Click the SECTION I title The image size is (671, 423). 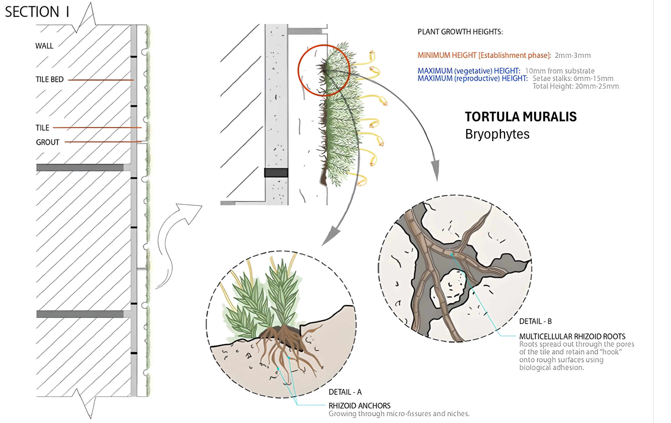pos(37,12)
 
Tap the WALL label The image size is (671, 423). pos(44,46)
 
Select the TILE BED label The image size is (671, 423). pos(50,79)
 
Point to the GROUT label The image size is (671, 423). pos(48,143)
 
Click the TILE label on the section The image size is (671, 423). pos(42,127)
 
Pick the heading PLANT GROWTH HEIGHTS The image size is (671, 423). pos(460,32)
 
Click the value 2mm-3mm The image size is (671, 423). pos(573,56)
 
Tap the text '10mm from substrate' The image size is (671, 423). pos(560,71)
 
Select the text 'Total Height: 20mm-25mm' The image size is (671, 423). pos(576,86)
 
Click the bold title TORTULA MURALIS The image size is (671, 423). pos(520,116)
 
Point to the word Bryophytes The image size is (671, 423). pos(497,134)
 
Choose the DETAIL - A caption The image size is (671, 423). pos(345,392)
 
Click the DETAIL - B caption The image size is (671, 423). pos(535,321)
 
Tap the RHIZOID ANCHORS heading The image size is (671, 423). pos(359,406)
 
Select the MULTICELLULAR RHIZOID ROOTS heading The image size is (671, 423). pos(572,336)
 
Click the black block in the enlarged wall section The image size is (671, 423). pos(276,173)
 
